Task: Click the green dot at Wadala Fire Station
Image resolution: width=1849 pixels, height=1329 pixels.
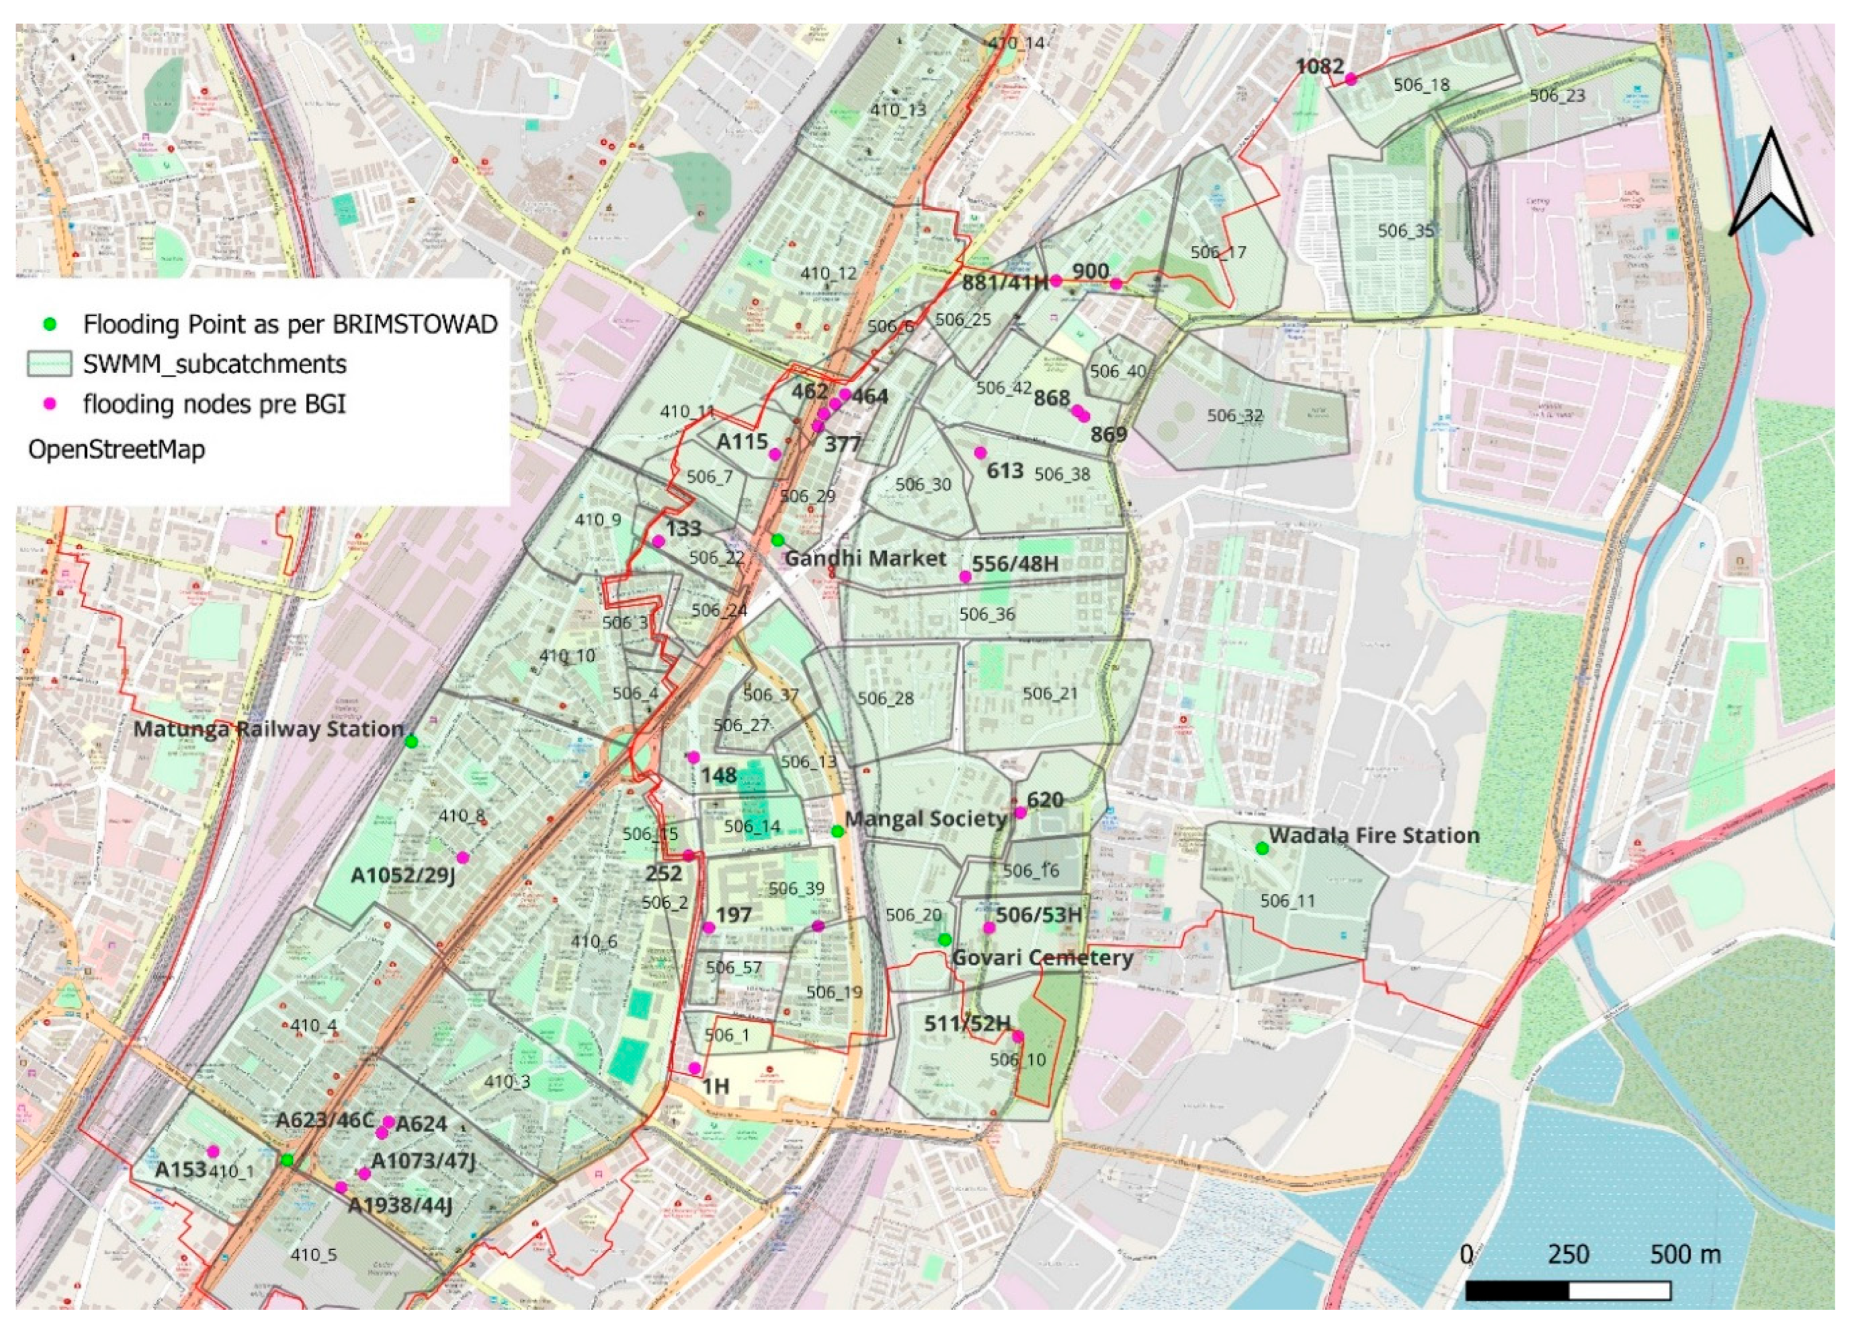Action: point(1261,848)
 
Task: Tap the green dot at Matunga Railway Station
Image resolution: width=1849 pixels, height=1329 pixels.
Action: point(412,742)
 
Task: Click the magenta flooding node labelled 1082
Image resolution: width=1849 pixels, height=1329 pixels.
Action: point(1350,79)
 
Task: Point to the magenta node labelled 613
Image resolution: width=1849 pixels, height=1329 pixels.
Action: point(980,452)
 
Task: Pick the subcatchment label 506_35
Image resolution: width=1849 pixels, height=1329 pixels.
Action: point(1405,231)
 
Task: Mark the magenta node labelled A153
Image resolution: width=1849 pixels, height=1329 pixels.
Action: point(213,1151)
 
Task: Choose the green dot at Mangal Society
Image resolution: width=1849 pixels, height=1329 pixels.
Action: point(838,831)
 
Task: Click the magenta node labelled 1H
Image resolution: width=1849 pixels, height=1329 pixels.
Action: point(694,1068)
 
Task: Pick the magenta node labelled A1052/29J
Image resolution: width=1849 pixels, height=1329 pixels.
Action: point(463,857)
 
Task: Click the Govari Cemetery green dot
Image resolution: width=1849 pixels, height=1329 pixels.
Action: point(944,939)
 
